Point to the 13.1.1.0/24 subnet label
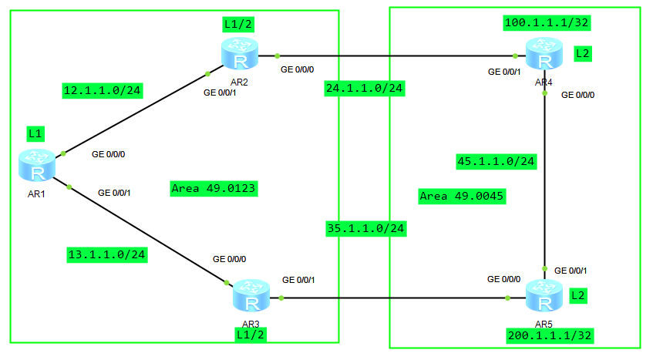point(107,254)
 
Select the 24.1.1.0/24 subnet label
point(365,88)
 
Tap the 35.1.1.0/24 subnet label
point(365,228)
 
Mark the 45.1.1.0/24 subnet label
point(496,161)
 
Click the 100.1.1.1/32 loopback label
point(547,22)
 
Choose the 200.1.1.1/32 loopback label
point(550,335)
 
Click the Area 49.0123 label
point(214,188)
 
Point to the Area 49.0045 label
point(462,196)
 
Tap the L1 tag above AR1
point(35,133)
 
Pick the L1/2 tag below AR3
point(251,333)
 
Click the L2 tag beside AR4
point(584,54)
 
